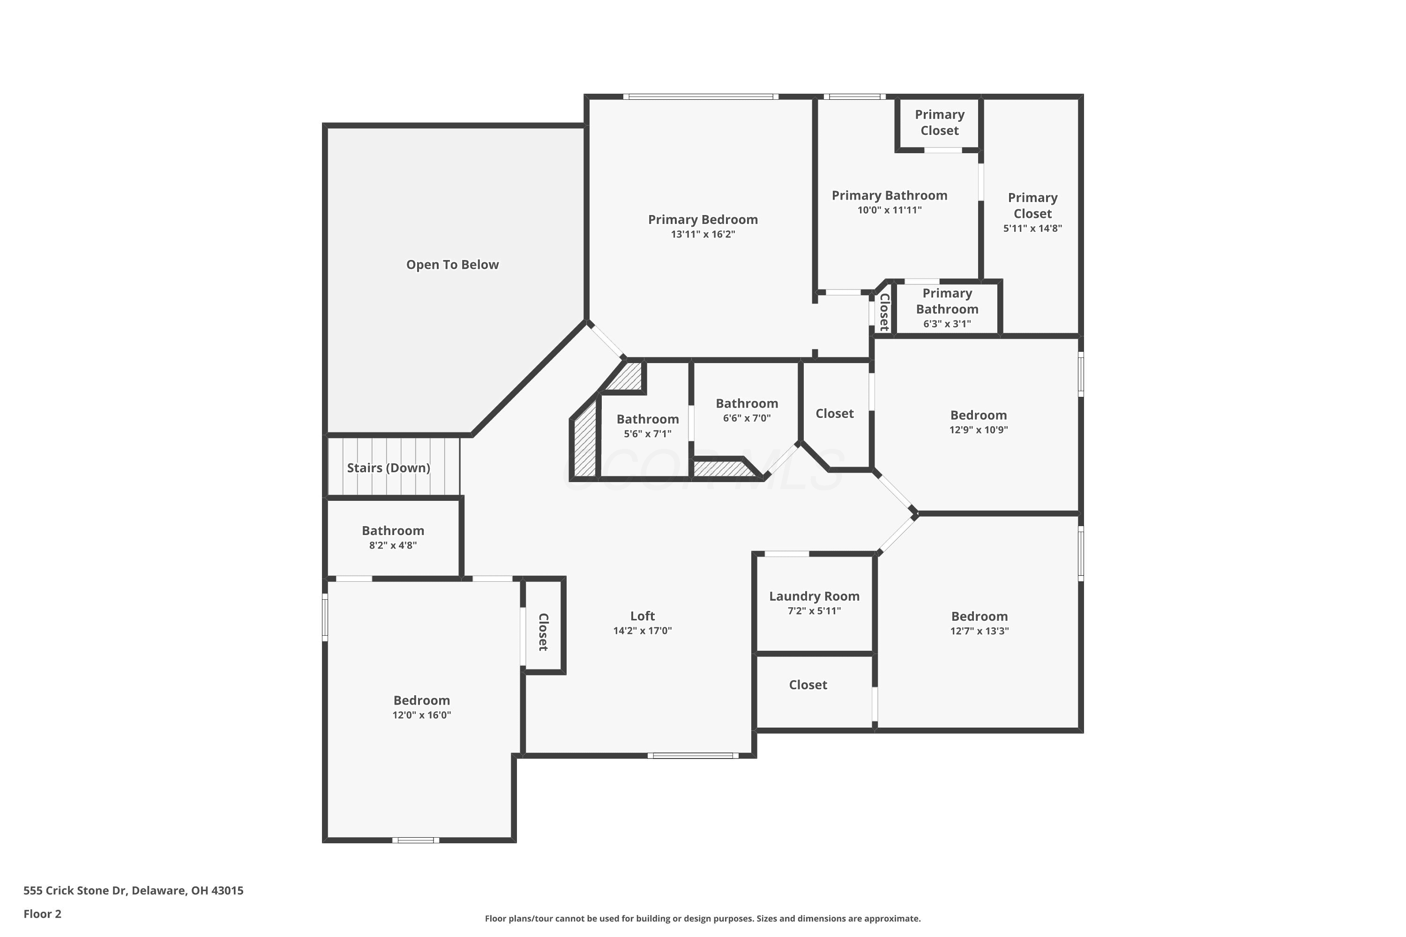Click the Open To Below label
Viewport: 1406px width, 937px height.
(x=453, y=265)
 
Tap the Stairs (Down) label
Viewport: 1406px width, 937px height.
(x=389, y=468)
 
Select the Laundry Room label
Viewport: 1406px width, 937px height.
(x=814, y=596)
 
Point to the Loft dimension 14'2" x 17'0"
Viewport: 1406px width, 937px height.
(x=643, y=631)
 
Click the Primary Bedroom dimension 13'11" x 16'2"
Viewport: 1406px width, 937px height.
(x=703, y=234)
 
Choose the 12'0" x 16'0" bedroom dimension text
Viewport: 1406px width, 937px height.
(x=421, y=715)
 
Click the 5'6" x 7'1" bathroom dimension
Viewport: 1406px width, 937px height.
(x=647, y=434)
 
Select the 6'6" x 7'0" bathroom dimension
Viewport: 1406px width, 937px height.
(x=747, y=418)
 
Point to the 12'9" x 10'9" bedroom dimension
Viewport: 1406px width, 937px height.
(x=979, y=430)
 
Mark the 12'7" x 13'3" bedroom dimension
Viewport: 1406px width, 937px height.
(x=979, y=631)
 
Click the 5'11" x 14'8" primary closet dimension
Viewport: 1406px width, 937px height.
(x=1032, y=228)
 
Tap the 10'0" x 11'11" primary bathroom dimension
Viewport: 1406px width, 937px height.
(x=890, y=210)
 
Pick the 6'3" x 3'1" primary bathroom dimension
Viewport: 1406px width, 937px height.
(x=947, y=324)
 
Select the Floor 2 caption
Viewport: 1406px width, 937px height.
(x=43, y=914)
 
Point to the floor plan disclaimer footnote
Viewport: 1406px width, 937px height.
(x=703, y=918)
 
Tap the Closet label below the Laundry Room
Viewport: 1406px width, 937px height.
(x=808, y=685)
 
